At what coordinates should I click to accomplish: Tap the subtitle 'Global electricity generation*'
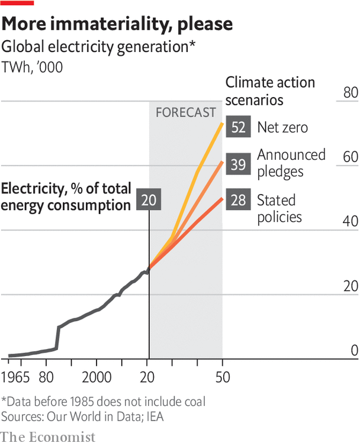coord(99,47)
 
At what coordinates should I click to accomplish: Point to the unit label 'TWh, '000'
coord(33,67)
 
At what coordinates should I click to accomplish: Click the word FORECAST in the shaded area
coord(185,112)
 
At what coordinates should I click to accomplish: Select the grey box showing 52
coord(238,127)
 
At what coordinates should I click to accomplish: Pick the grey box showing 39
coord(238,164)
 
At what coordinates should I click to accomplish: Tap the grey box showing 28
coord(238,201)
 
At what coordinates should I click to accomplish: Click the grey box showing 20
coord(149,201)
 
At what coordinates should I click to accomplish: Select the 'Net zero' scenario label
coord(282,127)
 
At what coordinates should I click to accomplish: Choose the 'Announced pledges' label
coord(291,163)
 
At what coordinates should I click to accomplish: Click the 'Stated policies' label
coord(279,208)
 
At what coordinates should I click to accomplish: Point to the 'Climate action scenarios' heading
coord(270,91)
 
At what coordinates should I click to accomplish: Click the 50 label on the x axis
coord(222,378)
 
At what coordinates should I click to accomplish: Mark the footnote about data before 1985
coord(104,402)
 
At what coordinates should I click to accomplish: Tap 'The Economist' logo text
coord(48,437)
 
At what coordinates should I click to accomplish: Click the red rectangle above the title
coord(17,3)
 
